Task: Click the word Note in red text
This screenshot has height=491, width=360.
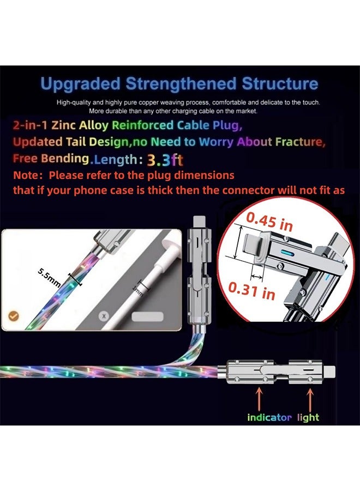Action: [27, 176]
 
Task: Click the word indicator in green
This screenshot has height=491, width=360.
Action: [269, 417]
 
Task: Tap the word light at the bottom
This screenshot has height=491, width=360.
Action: [309, 417]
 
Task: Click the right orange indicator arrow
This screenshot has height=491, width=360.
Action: [311, 398]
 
